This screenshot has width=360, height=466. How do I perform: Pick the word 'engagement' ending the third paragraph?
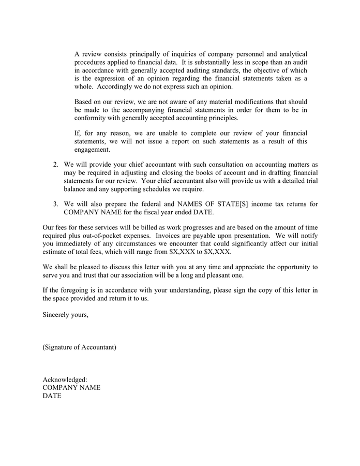pos(92,150)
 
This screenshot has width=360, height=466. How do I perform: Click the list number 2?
pos(55,164)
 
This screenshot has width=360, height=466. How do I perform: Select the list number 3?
pos(55,204)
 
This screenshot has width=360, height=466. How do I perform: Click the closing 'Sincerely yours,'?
pos(65,315)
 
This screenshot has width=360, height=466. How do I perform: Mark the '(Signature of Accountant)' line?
pos(79,347)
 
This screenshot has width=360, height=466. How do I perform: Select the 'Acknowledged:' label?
pos(65,380)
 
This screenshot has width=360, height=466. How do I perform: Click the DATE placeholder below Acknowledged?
pos(52,396)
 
